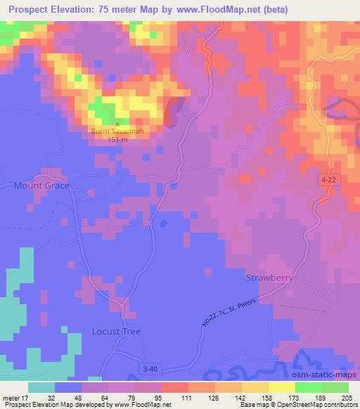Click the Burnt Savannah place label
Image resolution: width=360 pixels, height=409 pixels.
(x=117, y=131)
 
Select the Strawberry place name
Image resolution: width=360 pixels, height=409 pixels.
(x=269, y=278)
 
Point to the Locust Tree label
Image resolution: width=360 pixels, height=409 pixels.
(x=117, y=331)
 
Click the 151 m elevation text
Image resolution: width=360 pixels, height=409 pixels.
(x=117, y=139)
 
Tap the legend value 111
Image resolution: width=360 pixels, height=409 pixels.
(x=186, y=397)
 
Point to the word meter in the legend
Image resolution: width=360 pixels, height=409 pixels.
(x=13, y=397)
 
